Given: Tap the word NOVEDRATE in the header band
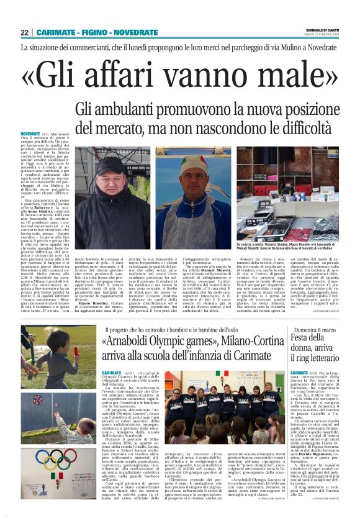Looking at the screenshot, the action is [119, 32].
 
